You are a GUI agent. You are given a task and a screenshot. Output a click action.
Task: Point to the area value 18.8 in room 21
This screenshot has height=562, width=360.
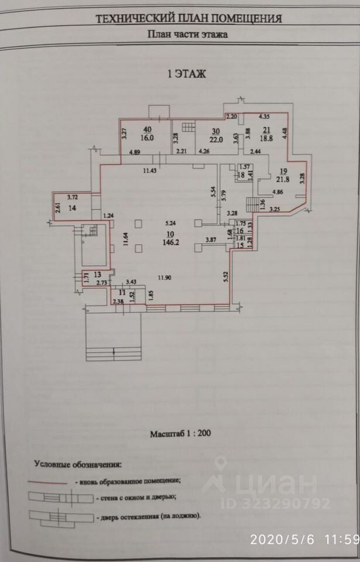pos(267,139)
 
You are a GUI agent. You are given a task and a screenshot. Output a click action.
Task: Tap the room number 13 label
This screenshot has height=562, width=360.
pos(98,274)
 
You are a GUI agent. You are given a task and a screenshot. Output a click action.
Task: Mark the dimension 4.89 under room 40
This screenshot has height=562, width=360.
pos(135,153)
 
